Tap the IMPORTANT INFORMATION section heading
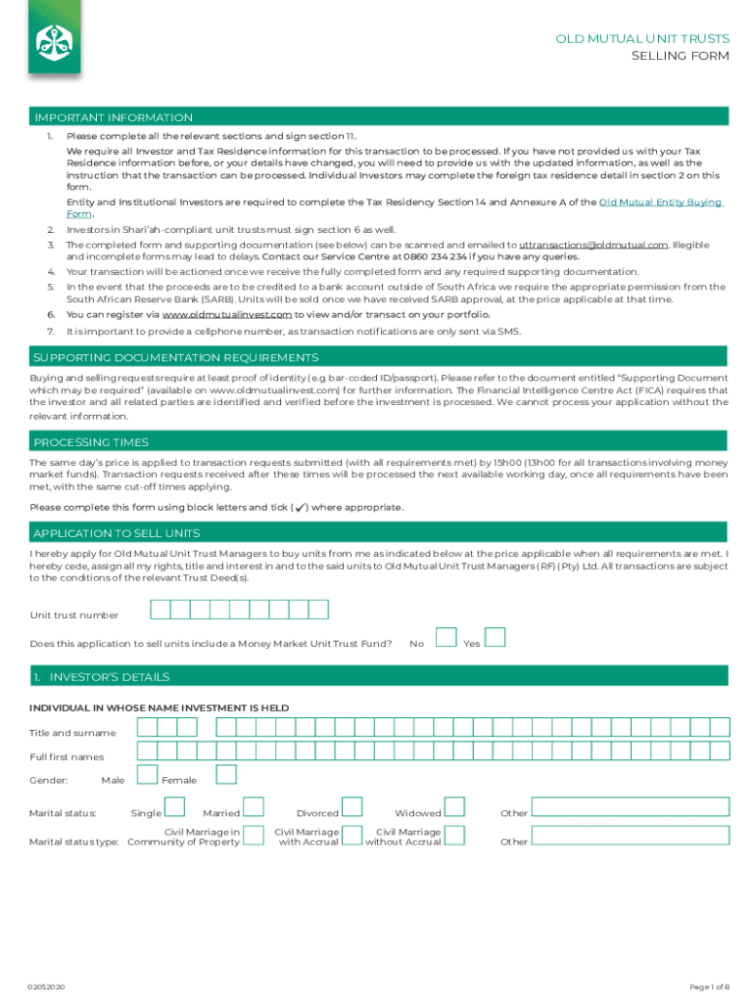pyautogui.click(x=114, y=117)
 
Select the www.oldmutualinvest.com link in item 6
pyautogui.click(x=226, y=314)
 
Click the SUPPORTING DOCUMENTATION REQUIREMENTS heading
pyautogui.click(x=176, y=357)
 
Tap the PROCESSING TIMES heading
pyautogui.click(x=91, y=441)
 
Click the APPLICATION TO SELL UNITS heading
pyautogui.click(x=117, y=533)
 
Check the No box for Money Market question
pyautogui.click(x=446, y=638)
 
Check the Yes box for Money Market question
pyautogui.click(x=495, y=638)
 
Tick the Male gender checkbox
pyautogui.click(x=147, y=775)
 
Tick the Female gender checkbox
pyautogui.click(x=226, y=775)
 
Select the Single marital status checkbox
pyautogui.click(x=174, y=807)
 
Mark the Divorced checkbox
pyautogui.click(x=353, y=807)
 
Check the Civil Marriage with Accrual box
pyautogui.click(x=353, y=835)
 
